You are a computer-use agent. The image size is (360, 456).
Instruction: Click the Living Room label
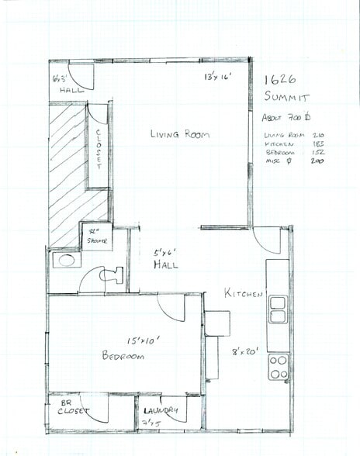(180, 134)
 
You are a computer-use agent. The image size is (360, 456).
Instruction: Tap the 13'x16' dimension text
(219, 78)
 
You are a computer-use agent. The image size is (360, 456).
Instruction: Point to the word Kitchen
(244, 294)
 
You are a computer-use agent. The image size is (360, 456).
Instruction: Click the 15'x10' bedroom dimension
(144, 340)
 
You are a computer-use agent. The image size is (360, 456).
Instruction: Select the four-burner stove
(278, 366)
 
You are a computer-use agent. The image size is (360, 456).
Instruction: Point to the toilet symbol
(111, 275)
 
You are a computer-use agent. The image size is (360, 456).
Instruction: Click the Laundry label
(161, 410)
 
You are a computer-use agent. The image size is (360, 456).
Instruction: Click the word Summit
(286, 98)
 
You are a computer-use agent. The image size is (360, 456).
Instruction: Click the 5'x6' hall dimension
(165, 253)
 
